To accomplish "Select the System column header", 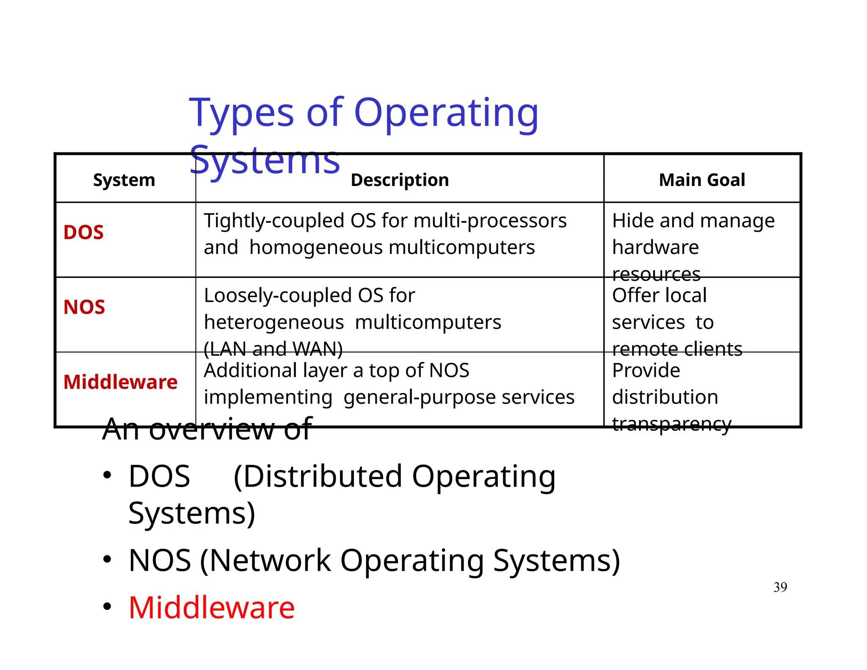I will pos(124,180).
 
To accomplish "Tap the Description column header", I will pos(400,180).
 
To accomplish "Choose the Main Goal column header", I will pos(702,180).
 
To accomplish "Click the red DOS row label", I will pos(83,233).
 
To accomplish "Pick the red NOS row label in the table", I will pos(84,307).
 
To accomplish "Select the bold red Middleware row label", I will pos(120,382).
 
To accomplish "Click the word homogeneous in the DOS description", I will pos(316,247).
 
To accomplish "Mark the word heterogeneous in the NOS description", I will pos(274,323).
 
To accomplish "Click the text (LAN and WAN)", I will pos(273,349).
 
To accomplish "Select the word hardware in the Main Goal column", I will pos(655,247).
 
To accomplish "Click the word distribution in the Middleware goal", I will pos(665,397).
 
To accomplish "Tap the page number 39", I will pos(780,587).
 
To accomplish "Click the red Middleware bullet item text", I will pos(211,607).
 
